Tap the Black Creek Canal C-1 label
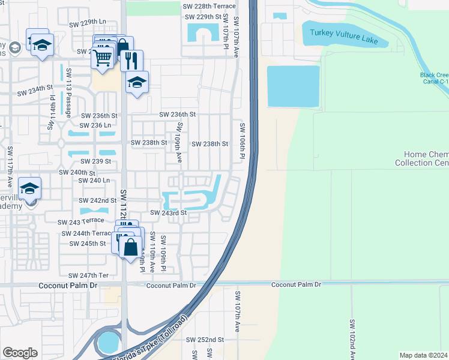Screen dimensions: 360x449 point(434,79)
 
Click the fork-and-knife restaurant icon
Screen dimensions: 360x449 point(131,60)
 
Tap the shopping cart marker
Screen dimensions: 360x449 point(103,58)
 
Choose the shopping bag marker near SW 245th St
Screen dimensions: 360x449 point(130,246)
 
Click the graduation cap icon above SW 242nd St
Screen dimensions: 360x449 point(29,188)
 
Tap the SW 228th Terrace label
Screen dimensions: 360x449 point(209,5)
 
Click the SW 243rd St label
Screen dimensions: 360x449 point(169,213)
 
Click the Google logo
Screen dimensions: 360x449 point(20,352)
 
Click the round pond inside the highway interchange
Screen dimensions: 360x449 point(108,343)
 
